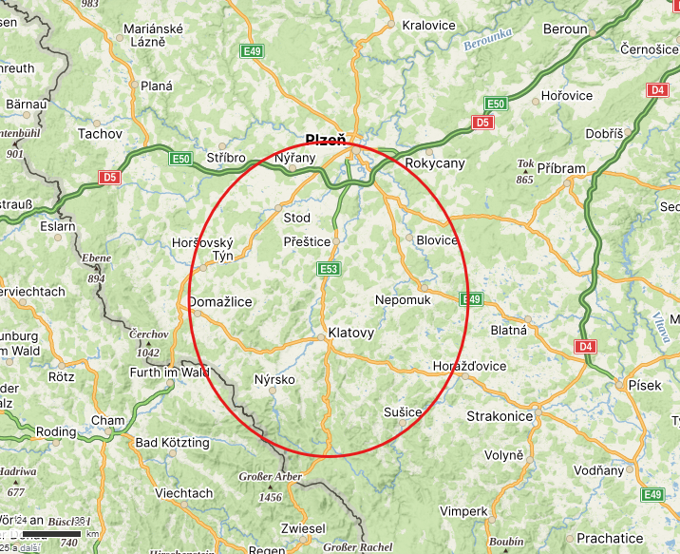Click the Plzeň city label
pos(326,140)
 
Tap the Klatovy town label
pos(350,334)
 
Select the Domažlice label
pos(221,302)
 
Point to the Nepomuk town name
pos(403,299)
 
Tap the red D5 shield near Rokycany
pos(482,123)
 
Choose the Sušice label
pos(403,411)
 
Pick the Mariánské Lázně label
pos(155,34)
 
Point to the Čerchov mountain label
pos(149,334)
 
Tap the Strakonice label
pos(500,416)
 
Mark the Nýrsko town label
pos(274,380)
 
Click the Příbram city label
pos(561,168)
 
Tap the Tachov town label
pos(100,134)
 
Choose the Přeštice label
pos(307,242)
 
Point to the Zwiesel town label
pos(303,528)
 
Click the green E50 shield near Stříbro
pos(181,159)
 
